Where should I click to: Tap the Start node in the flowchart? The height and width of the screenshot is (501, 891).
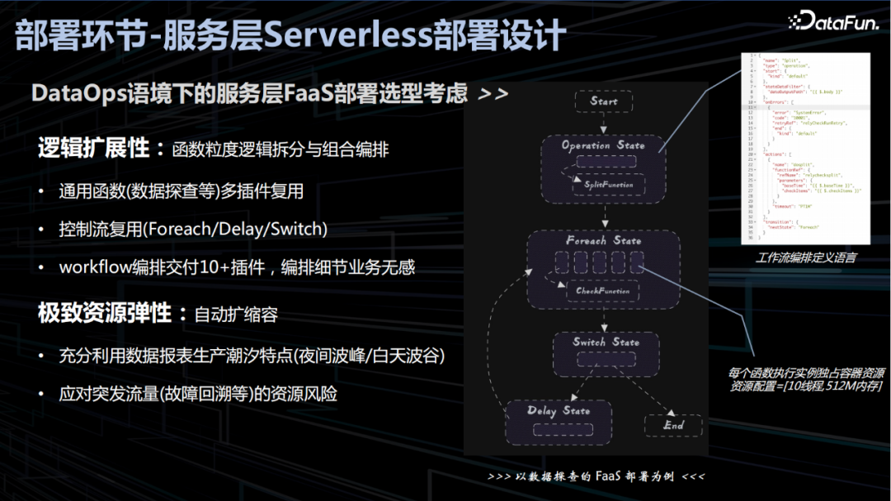click(x=604, y=102)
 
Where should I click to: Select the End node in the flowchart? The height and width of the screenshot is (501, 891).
click(x=673, y=425)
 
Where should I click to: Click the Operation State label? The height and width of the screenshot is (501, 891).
click(x=603, y=145)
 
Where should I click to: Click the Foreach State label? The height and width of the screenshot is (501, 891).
click(x=603, y=241)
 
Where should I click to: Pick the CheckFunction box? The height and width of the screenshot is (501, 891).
click(x=603, y=291)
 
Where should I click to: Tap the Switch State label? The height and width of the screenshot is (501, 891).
click(x=606, y=342)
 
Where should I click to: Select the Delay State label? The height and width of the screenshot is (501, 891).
click(x=559, y=410)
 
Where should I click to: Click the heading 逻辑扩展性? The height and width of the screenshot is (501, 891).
click(x=93, y=149)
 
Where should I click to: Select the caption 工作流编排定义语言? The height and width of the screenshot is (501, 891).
click(x=805, y=258)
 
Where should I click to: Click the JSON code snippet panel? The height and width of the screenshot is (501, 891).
click(x=805, y=149)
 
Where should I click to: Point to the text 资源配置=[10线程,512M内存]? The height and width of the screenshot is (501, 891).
click(x=805, y=385)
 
